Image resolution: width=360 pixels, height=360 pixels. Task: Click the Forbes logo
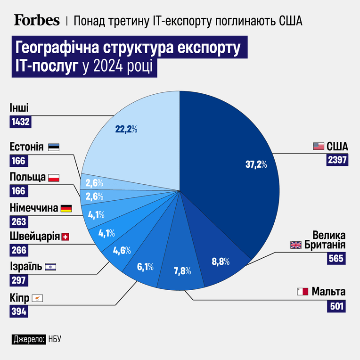[37, 20]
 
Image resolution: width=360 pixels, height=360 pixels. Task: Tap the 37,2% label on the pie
[256, 164]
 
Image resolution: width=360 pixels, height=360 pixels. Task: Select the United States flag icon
[319, 146]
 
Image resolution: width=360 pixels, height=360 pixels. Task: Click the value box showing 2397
[337, 160]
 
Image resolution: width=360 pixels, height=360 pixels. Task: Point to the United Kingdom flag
[296, 245]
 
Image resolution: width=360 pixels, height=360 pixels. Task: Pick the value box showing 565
[336, 259]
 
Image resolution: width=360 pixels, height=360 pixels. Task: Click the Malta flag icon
[303, 292]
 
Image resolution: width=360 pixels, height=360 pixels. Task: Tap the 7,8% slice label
[182, 271]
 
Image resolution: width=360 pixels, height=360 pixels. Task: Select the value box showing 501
[336, 306]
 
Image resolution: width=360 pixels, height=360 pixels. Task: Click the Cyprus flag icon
[37, 298]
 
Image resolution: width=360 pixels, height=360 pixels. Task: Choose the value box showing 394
[19, 311]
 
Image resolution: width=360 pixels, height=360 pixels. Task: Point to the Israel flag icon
[50, 267]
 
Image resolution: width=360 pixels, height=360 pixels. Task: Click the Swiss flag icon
[65, 237]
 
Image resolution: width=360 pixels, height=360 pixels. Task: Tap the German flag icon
[66, 208]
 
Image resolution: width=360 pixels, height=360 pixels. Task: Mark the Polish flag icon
[54, 178]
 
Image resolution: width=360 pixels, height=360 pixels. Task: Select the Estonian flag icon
[54, 147]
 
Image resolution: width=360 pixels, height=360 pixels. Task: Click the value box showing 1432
[20, 122]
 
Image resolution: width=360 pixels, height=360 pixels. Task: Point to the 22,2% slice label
[126, 130]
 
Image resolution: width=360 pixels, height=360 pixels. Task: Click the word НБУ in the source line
[55, 339]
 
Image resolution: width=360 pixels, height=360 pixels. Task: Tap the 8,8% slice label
[221, 262]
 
